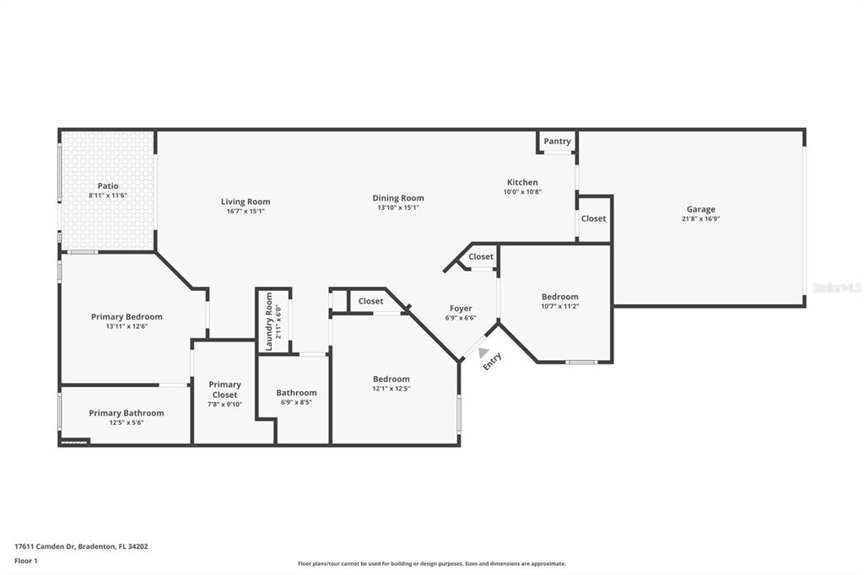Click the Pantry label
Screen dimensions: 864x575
pos(557,141)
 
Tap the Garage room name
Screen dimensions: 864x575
pos(701,209)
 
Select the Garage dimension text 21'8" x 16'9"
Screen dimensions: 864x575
pos(701,218)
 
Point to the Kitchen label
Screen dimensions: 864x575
pos(522,182)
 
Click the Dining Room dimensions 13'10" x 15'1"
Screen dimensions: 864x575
pos(398,207)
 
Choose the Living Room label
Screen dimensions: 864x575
pos(246,202)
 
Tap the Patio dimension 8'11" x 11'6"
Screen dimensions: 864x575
pos(108,196)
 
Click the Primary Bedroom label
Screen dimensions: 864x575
pos(127,317)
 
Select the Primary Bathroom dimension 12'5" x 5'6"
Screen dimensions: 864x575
pos(127,422)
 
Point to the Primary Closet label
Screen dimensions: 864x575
pos(224,390)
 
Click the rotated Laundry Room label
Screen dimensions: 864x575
pos(269,322)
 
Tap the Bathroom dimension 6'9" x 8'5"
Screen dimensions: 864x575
pos(296,402)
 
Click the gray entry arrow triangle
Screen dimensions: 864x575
pos(483,352)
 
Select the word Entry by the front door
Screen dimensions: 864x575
pos(492,362)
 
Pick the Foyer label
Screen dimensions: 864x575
pos(461,309)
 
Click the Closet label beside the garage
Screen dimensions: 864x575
pos(593,218)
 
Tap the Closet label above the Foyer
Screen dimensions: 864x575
pos(481,256)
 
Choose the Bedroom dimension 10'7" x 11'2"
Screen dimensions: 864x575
pos(560,306)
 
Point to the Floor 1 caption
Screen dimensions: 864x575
pos(26,562)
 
